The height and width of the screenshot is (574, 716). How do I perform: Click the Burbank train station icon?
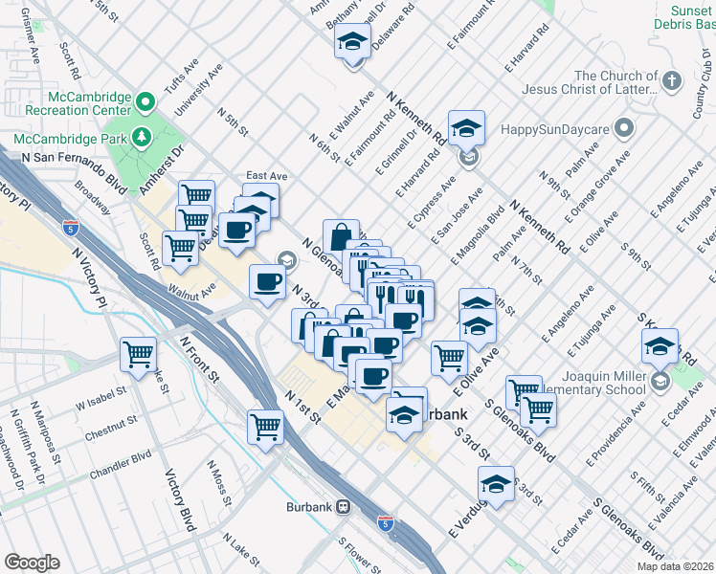tap(342, 507)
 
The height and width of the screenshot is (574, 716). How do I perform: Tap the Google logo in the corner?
tap(32, 563)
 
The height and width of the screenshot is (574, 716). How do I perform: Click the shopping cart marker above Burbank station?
tap(265, 426)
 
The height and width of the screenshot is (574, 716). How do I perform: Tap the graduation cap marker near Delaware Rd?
tap(352, 42)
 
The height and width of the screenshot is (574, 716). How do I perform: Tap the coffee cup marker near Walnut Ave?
tap(267, 281)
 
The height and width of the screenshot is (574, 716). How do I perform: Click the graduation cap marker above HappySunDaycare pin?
tap(466, 127)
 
